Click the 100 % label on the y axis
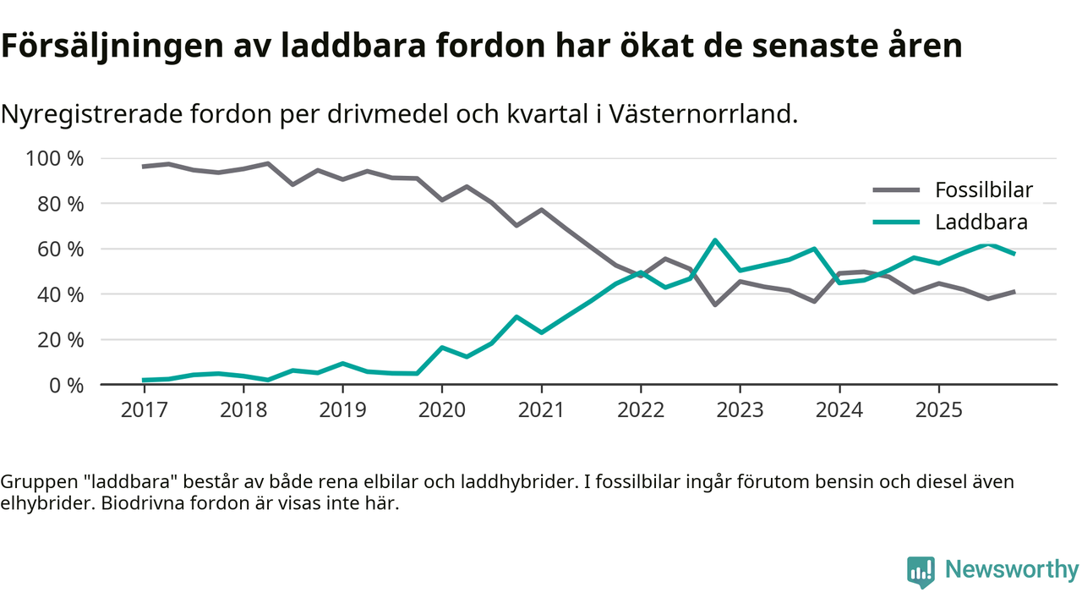pyautogui.click(x=54, y=159)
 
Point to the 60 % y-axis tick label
pyautogui.click(x=61, y=250)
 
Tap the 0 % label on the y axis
pyautogui.click(x=67, y=385)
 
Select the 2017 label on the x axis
pyautogui.click(x=145, y=410)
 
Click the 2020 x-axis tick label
pyautogui.click(x=442, y=410)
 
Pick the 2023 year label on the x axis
pyautogui.click(x=740, y=410)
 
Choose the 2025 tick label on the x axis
pyautogui.click(x=938, y=410)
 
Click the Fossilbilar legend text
pyautogui.click(x=983, y=190)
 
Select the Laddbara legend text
pyautogui.click(x=981, y=222)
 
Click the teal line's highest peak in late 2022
pyautogui.click(x=715, y=240)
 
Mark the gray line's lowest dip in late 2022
pyautogui.click(x=715, y=304)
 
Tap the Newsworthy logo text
pyautogui.click(x=1011, y=570)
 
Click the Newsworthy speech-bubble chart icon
pyautogui.click(x=921, y=572)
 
